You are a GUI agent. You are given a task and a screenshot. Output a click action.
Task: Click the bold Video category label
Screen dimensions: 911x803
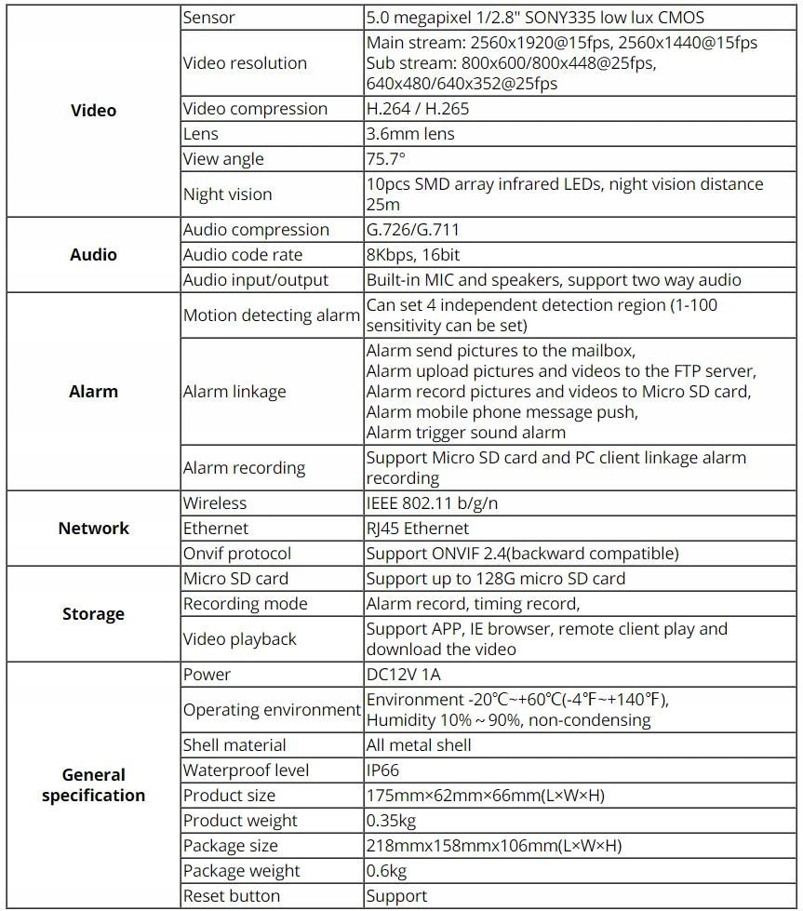tap(93, 111)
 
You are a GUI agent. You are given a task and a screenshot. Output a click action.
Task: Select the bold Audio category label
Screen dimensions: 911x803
tap(93, 255)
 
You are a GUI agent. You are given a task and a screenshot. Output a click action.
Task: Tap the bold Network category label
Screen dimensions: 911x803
tap(93, 529)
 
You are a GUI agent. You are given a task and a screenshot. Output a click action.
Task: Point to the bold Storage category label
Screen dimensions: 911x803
tap(93, 614)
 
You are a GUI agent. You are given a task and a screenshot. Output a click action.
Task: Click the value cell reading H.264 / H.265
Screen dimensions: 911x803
tap(418, 109)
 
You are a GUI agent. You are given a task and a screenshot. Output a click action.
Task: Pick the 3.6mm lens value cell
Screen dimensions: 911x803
tap(410, 134)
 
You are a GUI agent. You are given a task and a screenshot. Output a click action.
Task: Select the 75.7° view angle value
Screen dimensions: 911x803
tap(386, 159)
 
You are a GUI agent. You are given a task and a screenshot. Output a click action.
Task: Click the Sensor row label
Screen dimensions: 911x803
tap(209, 18)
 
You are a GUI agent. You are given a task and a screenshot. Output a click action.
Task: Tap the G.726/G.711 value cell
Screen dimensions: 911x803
tap(413, 230)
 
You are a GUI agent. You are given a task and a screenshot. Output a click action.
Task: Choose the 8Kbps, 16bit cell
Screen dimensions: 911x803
tap(413, 255)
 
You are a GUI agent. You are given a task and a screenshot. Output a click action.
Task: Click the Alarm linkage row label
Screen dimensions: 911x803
tap(234, 392)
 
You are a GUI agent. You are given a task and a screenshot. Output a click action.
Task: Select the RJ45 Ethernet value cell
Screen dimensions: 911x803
tap(418, 529)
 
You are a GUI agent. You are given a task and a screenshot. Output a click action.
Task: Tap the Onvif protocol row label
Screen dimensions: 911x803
tap(237, 554)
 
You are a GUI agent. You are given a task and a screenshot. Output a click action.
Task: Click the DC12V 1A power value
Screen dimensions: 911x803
tap(403, 675)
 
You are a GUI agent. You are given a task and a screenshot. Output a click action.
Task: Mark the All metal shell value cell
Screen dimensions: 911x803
tap(419, 745)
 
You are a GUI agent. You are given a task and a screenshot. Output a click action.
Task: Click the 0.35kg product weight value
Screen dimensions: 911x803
tap(391, 821)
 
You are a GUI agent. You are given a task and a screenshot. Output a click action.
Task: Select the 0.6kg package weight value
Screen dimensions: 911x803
tap(386, 871)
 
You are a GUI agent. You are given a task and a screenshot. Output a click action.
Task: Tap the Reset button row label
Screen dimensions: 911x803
tap(231, 896)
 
